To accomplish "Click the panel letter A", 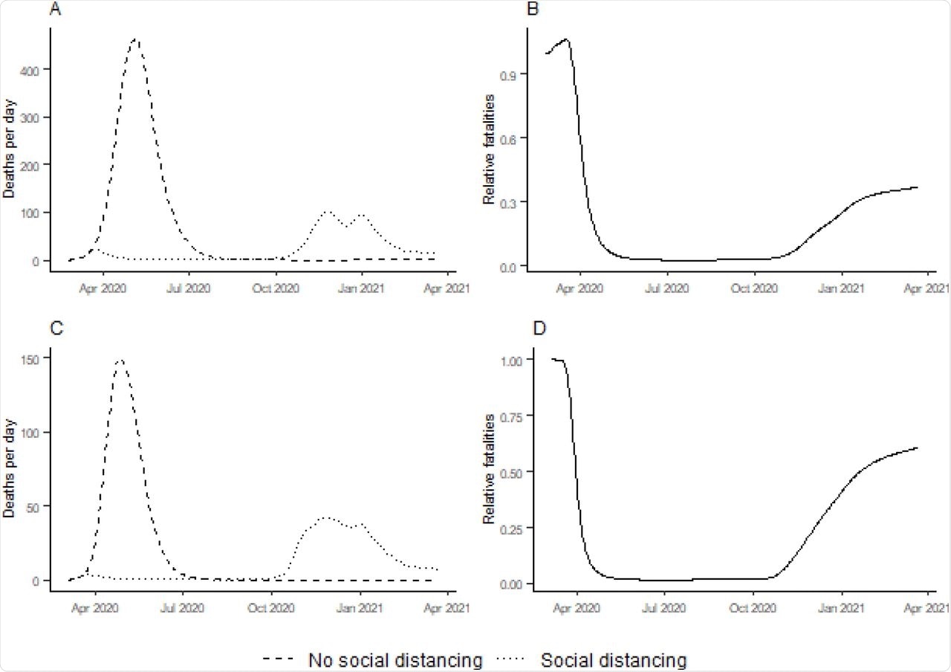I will click(x=54, y=10).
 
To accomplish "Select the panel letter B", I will click(x=533, y=10).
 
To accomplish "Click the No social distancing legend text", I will click(x=396, y=659).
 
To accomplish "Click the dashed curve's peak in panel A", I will click(x=134, y=39).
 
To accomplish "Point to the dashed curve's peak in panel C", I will click(x=120, y=361).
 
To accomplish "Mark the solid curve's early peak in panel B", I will click(x=566, y=39).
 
